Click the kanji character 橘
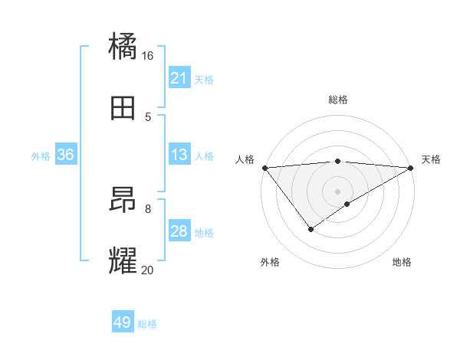[123, 45]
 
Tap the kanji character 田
[123, 108]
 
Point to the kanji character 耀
[123, 260]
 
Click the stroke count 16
[148, 56]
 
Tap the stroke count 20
[148, 270]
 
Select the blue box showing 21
[179, 78]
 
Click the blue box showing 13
[179, 155]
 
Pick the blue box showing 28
[179, 231]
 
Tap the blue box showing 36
[66, 155]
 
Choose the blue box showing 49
[123, 322]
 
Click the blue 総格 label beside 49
[147, 324]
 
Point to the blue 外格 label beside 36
[41, 156]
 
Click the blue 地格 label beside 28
[204, 233]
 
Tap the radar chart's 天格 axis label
[431, 159]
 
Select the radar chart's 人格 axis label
[245, 159]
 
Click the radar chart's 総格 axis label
[337, 100]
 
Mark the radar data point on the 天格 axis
[411, 168]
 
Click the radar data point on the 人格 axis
[264, 168]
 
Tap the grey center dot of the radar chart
[337, 191]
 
